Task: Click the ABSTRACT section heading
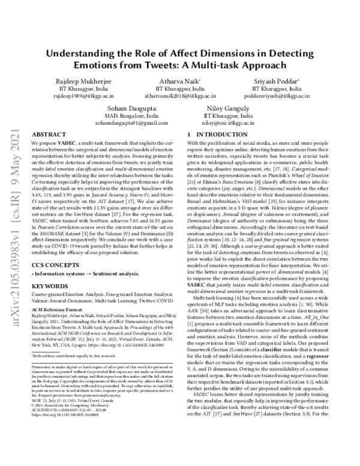point(44,135)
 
